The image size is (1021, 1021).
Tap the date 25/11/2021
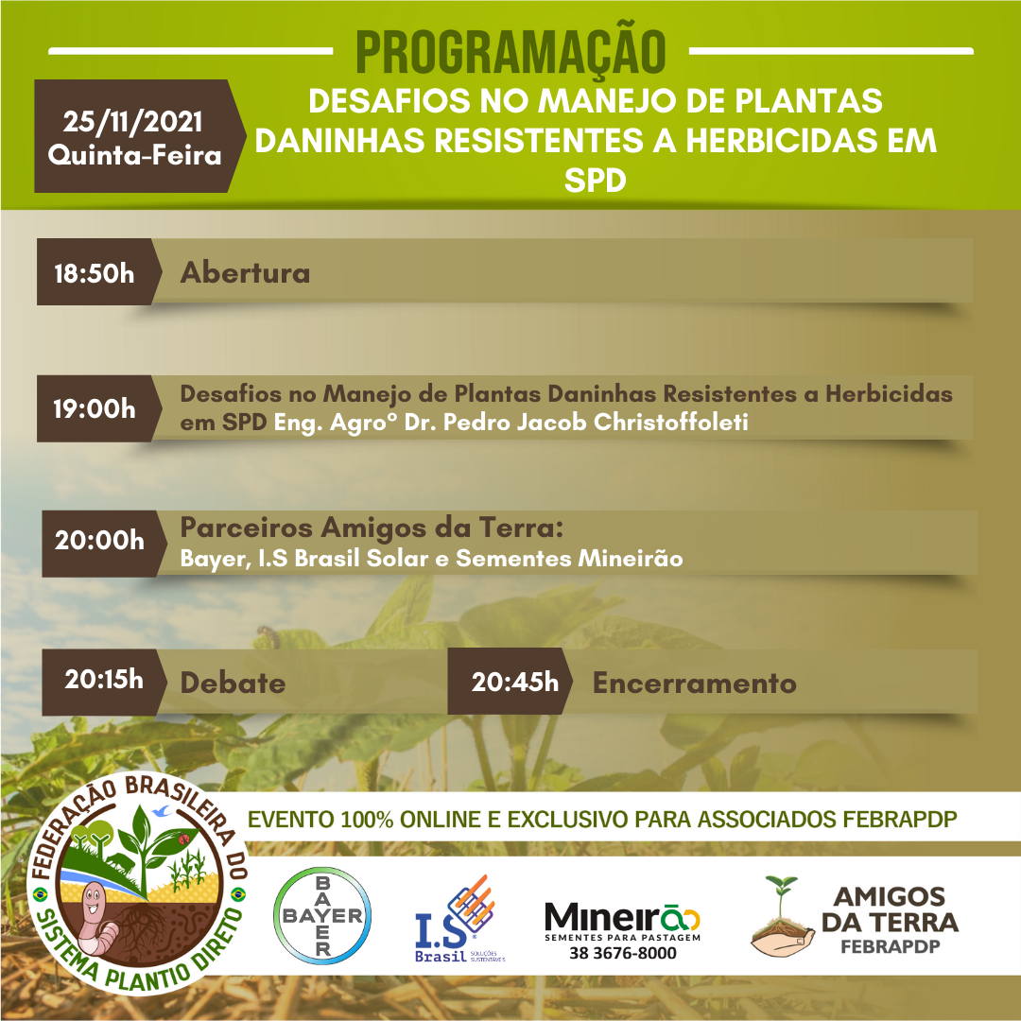[133, 122]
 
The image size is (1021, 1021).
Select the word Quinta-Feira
[135, 156]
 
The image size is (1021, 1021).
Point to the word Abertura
[245, 273]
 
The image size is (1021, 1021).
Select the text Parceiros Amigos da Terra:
[372, 528]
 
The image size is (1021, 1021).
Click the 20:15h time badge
[104, 682]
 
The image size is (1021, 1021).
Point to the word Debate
[233, 683]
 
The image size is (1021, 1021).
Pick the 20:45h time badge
[510, 682]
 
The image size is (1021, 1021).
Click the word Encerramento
[694, 684]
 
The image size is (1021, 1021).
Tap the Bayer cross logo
[322, 915]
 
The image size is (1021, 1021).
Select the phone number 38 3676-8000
[622, 953]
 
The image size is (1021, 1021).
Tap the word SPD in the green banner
[596, 181]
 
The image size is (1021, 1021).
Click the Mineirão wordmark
[622, 917]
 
